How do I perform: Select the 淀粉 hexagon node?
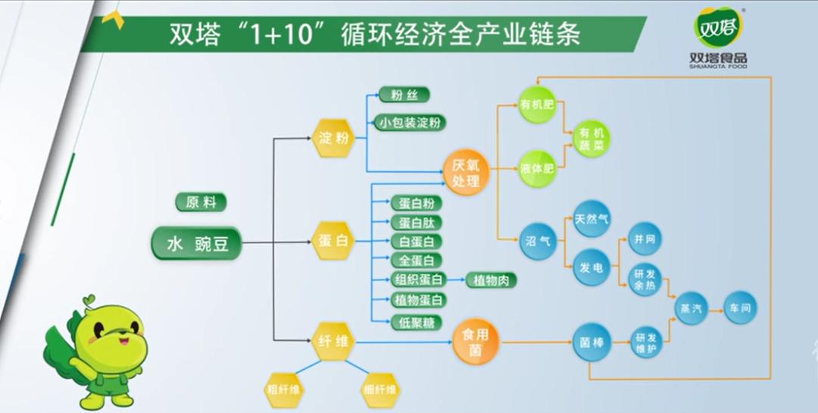tap(333, 139)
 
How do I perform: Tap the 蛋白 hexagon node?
tap(333, 242)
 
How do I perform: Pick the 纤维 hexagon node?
tap(333, 343)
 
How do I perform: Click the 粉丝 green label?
tap(404, 95)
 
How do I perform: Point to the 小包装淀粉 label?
tap(411, 122)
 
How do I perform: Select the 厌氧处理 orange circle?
tap(466, 174)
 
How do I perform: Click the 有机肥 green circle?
tap(537, 106)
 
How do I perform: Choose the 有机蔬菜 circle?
tap(591, 137)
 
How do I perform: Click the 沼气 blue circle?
tap(537, 242)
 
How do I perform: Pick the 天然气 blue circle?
tap(592, 219)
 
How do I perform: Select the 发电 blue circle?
tap(592, 267)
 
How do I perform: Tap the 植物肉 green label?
tap(492, 280)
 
